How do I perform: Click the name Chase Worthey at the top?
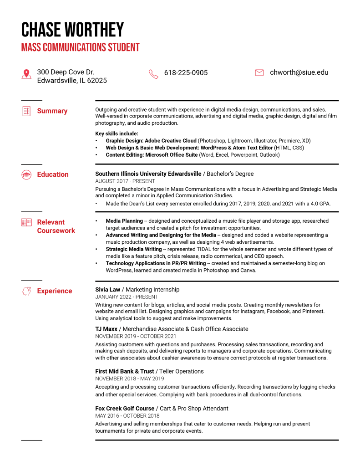coord(72,30)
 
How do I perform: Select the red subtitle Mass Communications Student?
coord(80,47)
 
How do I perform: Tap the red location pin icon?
coord(26,74)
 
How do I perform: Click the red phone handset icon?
coord(153,74)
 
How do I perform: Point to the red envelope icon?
coord(259,72)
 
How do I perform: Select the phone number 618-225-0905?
coord(186,73)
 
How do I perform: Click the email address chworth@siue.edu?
coord(299,72)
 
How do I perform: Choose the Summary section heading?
coord(52,111)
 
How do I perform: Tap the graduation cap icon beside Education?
coord(26,174)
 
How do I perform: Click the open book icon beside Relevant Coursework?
coord(26,222)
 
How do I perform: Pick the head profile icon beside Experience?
coord(26,291)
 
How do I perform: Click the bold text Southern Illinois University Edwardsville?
coord(148,174)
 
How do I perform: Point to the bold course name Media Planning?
coord(124,221)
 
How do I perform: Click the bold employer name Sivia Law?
coord(107,290)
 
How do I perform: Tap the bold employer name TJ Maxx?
coord(106,329)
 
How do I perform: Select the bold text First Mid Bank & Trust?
coord(124,371)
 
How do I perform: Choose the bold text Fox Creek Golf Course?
coord(125,409)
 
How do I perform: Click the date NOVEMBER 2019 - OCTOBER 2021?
coord(129,336)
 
